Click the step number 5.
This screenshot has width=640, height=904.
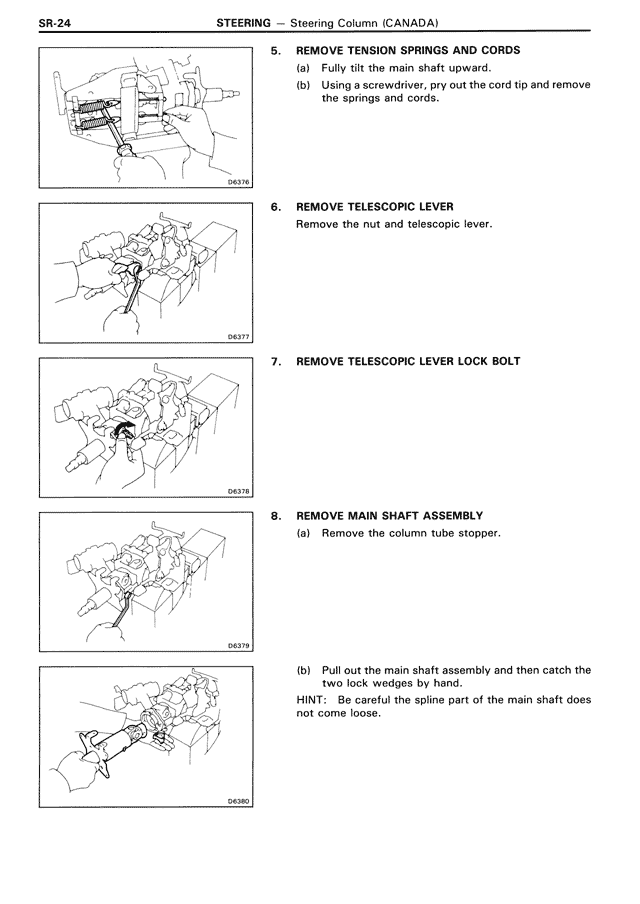pos(276,50)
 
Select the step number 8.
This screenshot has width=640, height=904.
pos(276,516)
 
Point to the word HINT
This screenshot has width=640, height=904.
pos(313,700)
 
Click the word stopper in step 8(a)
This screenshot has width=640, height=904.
pos(475,533)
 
